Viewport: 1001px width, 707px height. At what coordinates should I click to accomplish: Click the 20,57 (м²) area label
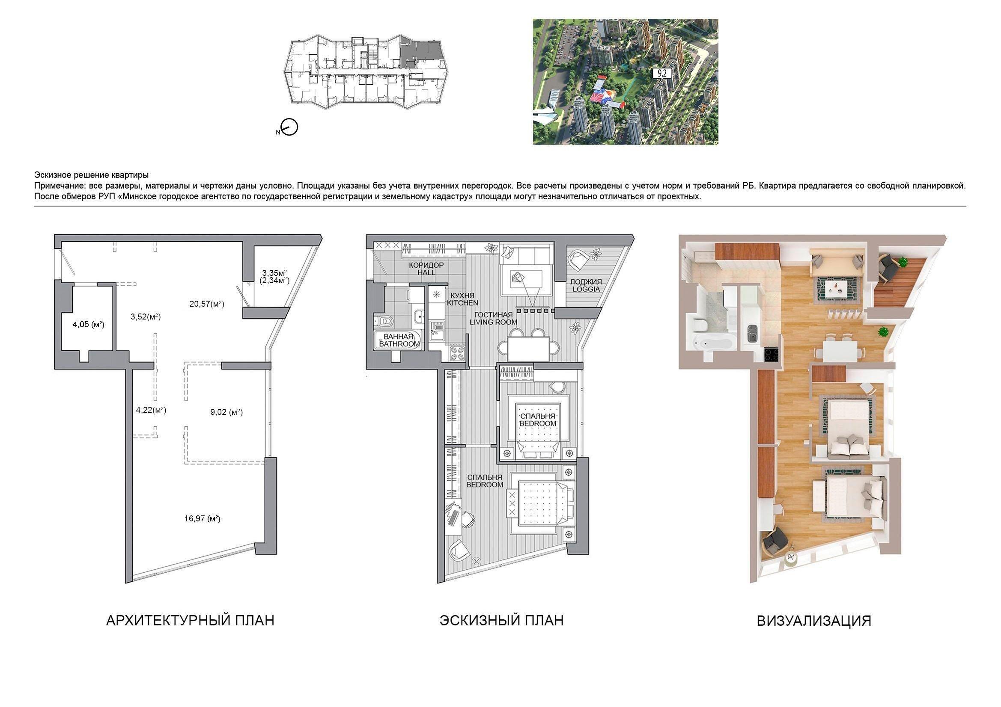pyautogui.click(x=207, y=304)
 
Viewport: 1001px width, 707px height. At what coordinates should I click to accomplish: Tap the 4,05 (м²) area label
pyautogui.click(x=89, y=324)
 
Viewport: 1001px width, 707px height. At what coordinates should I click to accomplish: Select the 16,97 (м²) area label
pyautogui.click(x=202, y=518)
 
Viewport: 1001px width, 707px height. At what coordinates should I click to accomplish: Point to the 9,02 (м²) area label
pyautogui.click(x=226, y=411)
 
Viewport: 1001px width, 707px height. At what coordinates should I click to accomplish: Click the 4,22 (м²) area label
pyautogui.click(x=151, y=409)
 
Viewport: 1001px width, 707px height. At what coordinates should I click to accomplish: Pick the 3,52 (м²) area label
pyautogui.click(x=146, y=317)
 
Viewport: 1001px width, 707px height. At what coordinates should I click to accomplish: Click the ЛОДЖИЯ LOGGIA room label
pyautogui.click(x=586, y=285)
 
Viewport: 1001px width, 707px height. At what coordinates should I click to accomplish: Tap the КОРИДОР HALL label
pyautogui.click(x=426, y=268)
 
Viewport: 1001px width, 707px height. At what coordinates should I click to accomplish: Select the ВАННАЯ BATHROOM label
pyautogui.click(x=399, y=340)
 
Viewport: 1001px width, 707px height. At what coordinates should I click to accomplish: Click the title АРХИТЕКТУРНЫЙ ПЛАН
pyautogui.click(x=190, y=620)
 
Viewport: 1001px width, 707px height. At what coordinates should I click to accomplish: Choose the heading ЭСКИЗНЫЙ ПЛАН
pyautogui.click(x=501, y=620)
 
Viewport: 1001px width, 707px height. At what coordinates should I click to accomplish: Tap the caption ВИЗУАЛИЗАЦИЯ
pyautogui.click(x=813, y=621)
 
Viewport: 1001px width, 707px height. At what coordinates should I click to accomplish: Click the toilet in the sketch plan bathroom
pyautogui.click(x=384, y=321)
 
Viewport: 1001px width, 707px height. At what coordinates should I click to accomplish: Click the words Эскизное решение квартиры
pyautogui.click(x=91, y=175)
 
